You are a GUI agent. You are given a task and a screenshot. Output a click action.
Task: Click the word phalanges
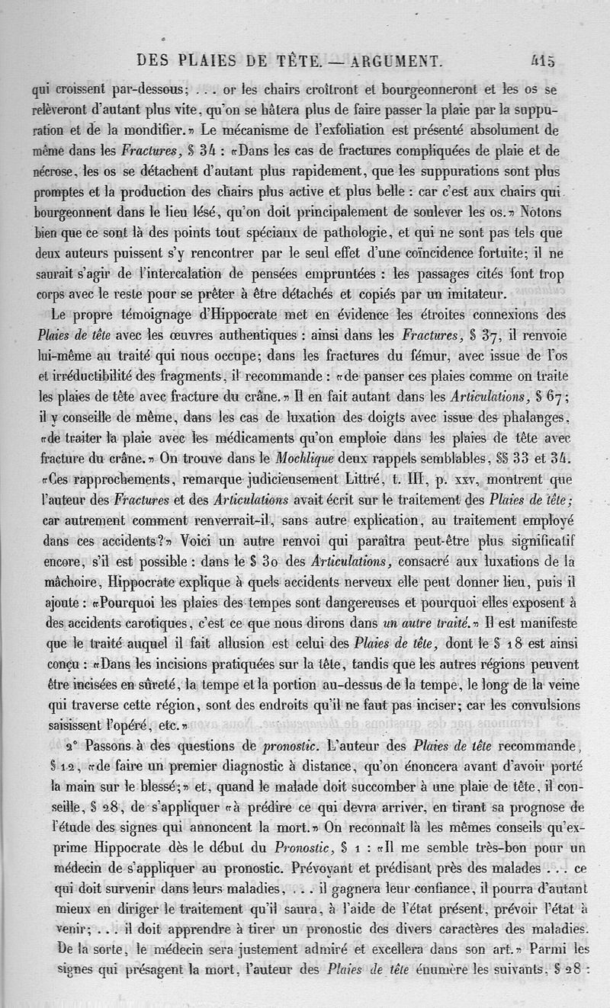click(x=545, y=418)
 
